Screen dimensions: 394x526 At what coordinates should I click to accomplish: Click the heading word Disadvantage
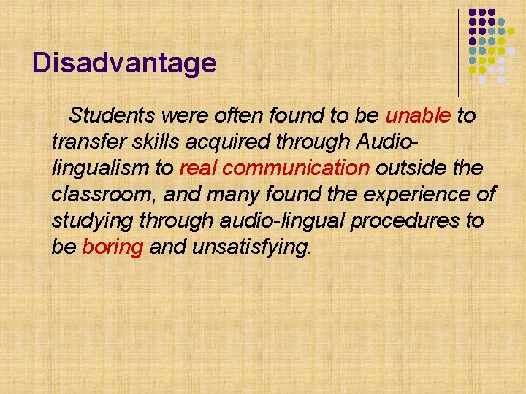point(124,63)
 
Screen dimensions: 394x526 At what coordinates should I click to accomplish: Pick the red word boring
point(113,247)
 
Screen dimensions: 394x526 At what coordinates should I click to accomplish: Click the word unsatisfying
point(251,247)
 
